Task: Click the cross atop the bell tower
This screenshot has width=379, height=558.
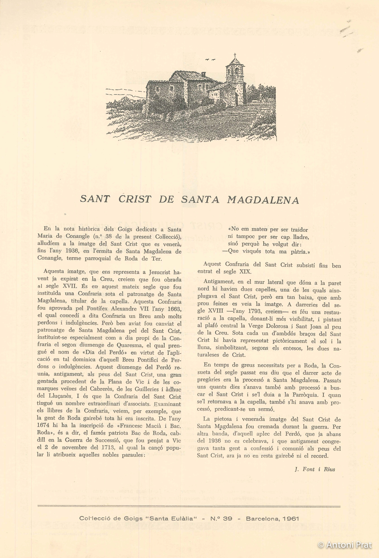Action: coord(235,55)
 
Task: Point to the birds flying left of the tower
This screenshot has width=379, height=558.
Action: coord(211,59)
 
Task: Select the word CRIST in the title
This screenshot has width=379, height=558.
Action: coord(135,199)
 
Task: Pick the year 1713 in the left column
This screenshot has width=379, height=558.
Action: coord(106,448)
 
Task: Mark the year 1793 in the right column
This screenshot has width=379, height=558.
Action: coord(253,311)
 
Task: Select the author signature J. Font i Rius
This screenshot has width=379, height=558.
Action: coord(315,469)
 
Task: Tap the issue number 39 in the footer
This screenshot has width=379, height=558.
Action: coord(228,519)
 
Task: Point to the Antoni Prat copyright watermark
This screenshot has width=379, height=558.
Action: coord(345,545)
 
